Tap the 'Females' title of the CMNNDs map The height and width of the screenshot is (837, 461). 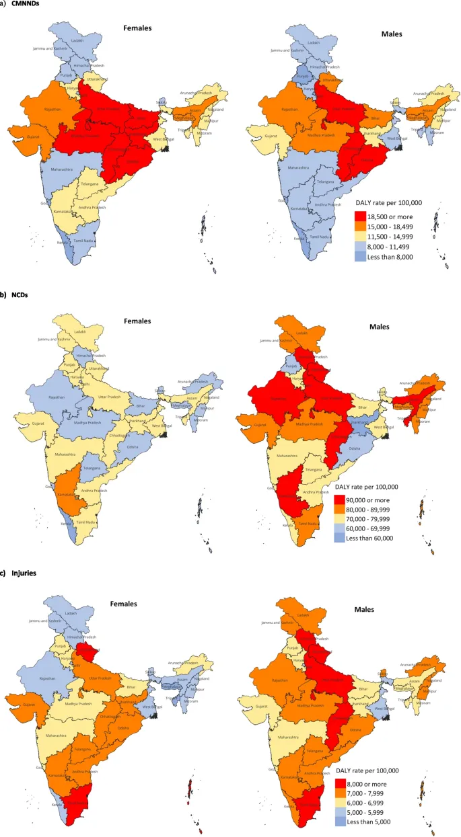pyautogui.click(x=137, y=29)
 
